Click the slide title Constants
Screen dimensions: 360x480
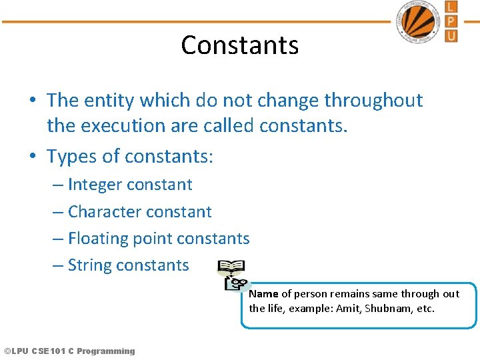point(239,45)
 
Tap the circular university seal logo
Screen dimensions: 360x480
point(417,21)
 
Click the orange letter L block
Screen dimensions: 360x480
point(451,7)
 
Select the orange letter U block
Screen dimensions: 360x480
point(451,35)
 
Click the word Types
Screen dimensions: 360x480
point(70,156)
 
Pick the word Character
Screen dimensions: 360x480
point(104,211)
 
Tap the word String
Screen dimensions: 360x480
point(89,265)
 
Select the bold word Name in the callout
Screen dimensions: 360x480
point(263,293)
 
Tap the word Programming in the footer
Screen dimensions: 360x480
point(105,351)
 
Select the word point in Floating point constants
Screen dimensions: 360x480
point(152,238)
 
